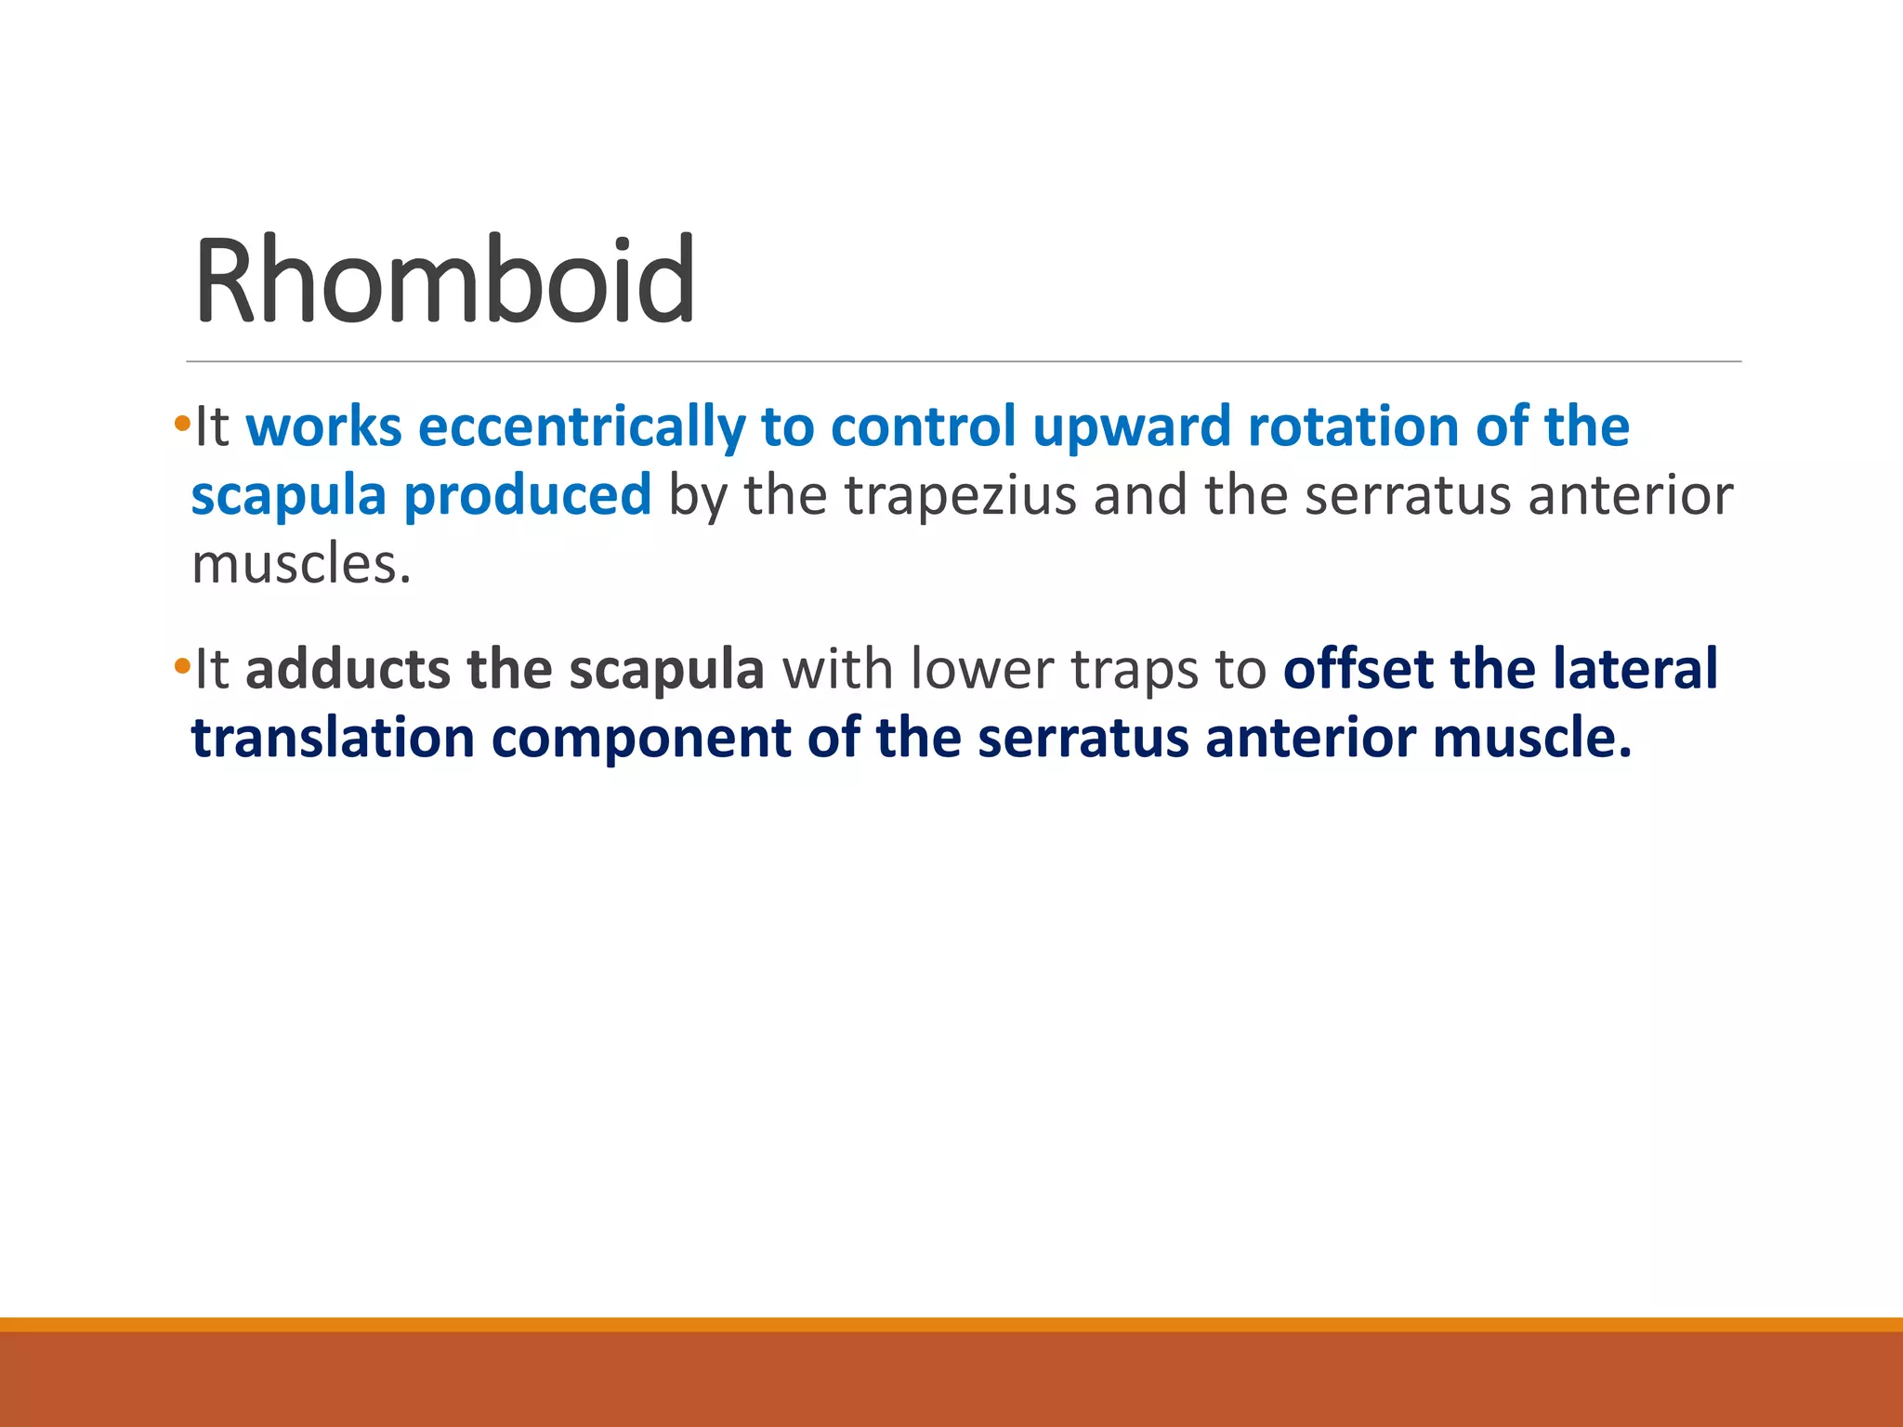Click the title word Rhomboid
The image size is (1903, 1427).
click(x=444, y=281)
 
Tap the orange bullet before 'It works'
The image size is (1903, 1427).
click(x=181, y=424)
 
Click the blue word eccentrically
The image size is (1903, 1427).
click(x=582, y=427)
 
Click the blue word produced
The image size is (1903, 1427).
click(x=527, y=495)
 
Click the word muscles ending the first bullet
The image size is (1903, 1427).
click(x=300, y=564)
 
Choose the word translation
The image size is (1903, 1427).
click(x=333, y=739)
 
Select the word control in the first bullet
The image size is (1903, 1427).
click(x=924, y=427)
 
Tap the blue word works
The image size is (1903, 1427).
click(x=323, y=427)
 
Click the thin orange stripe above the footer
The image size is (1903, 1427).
click(x=951, y=1324)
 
